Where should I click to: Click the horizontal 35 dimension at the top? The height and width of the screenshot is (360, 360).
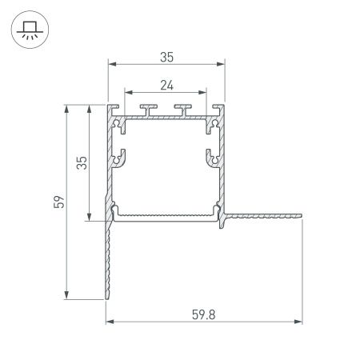[166, 57]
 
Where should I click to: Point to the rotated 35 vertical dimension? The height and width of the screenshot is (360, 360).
[81, 163]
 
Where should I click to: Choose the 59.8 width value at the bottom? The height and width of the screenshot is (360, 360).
[204, 314]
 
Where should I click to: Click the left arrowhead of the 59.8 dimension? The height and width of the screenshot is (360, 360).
[110, 322]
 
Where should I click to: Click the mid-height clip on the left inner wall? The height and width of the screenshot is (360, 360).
[119, 157]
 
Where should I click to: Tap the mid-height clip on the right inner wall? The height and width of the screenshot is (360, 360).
[213, 157]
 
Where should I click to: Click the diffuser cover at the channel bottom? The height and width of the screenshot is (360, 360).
[166, 214]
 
